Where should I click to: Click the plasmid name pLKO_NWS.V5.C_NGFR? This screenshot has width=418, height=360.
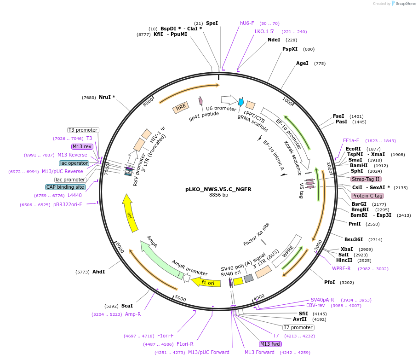218,189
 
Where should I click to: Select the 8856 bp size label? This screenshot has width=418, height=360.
218,195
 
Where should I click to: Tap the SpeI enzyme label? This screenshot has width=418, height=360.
212,23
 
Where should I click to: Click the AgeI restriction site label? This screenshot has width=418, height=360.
302,64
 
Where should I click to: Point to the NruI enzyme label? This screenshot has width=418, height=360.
107,97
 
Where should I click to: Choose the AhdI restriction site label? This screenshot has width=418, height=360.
98,272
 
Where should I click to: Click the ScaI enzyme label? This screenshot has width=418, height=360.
127,306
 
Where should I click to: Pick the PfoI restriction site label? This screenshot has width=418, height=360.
330,282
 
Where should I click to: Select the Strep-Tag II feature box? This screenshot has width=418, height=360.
366,179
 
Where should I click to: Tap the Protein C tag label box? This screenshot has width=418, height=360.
367,196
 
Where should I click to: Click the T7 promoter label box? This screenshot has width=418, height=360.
298,327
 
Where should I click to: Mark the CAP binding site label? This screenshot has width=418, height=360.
65,187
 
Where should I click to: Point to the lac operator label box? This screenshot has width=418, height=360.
74,163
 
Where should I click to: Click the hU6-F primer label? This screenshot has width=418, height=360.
247,23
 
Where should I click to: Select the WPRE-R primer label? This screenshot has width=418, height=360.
341,268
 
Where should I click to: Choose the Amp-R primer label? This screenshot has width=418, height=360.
133,314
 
